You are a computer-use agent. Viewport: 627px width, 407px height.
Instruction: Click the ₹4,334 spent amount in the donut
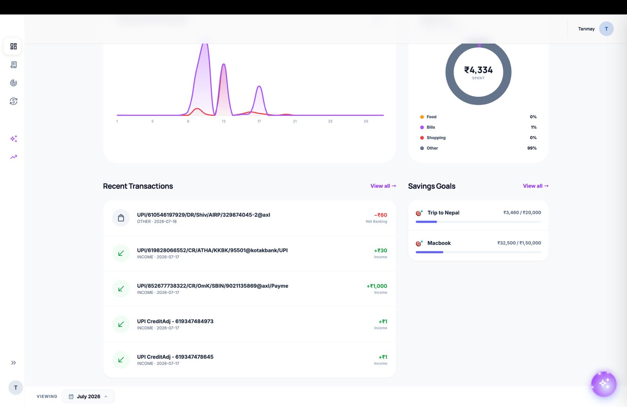tap(478, 70)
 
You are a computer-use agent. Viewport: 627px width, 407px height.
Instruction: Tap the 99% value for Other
tap(532, 148)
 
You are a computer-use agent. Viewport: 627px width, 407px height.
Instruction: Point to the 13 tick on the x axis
tap(223, 121)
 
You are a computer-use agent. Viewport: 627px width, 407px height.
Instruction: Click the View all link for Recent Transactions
tap(383, 186)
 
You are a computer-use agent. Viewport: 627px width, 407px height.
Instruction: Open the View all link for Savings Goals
tap(535, 186)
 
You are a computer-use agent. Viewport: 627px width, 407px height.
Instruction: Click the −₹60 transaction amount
tap(381, 215)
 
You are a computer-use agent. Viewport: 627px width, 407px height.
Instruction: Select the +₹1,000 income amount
tap(377, 286)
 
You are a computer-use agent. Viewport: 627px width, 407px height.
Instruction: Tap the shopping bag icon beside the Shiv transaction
tap(121, 218)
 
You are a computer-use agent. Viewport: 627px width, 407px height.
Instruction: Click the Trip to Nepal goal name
tap(443, 213)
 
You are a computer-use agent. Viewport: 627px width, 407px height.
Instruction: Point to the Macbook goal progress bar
tap(478, 252)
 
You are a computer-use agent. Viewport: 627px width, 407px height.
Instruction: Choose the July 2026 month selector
tap(88, 396)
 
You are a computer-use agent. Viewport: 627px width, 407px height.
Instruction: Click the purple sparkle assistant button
tap(603, 384)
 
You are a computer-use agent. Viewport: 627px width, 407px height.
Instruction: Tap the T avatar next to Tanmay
tap(606, 29)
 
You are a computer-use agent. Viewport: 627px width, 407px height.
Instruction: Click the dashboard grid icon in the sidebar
tap(13, 46)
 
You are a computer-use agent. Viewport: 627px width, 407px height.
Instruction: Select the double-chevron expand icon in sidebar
tap(13, 363)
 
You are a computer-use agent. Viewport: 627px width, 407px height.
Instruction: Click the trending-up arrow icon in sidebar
tap(13, 157)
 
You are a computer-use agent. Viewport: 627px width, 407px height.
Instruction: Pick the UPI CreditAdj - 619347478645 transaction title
tap(175, 357)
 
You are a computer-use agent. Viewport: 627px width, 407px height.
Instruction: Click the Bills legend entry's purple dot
tap(422, 128)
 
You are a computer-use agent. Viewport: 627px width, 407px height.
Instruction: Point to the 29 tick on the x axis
tap(366, 121)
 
